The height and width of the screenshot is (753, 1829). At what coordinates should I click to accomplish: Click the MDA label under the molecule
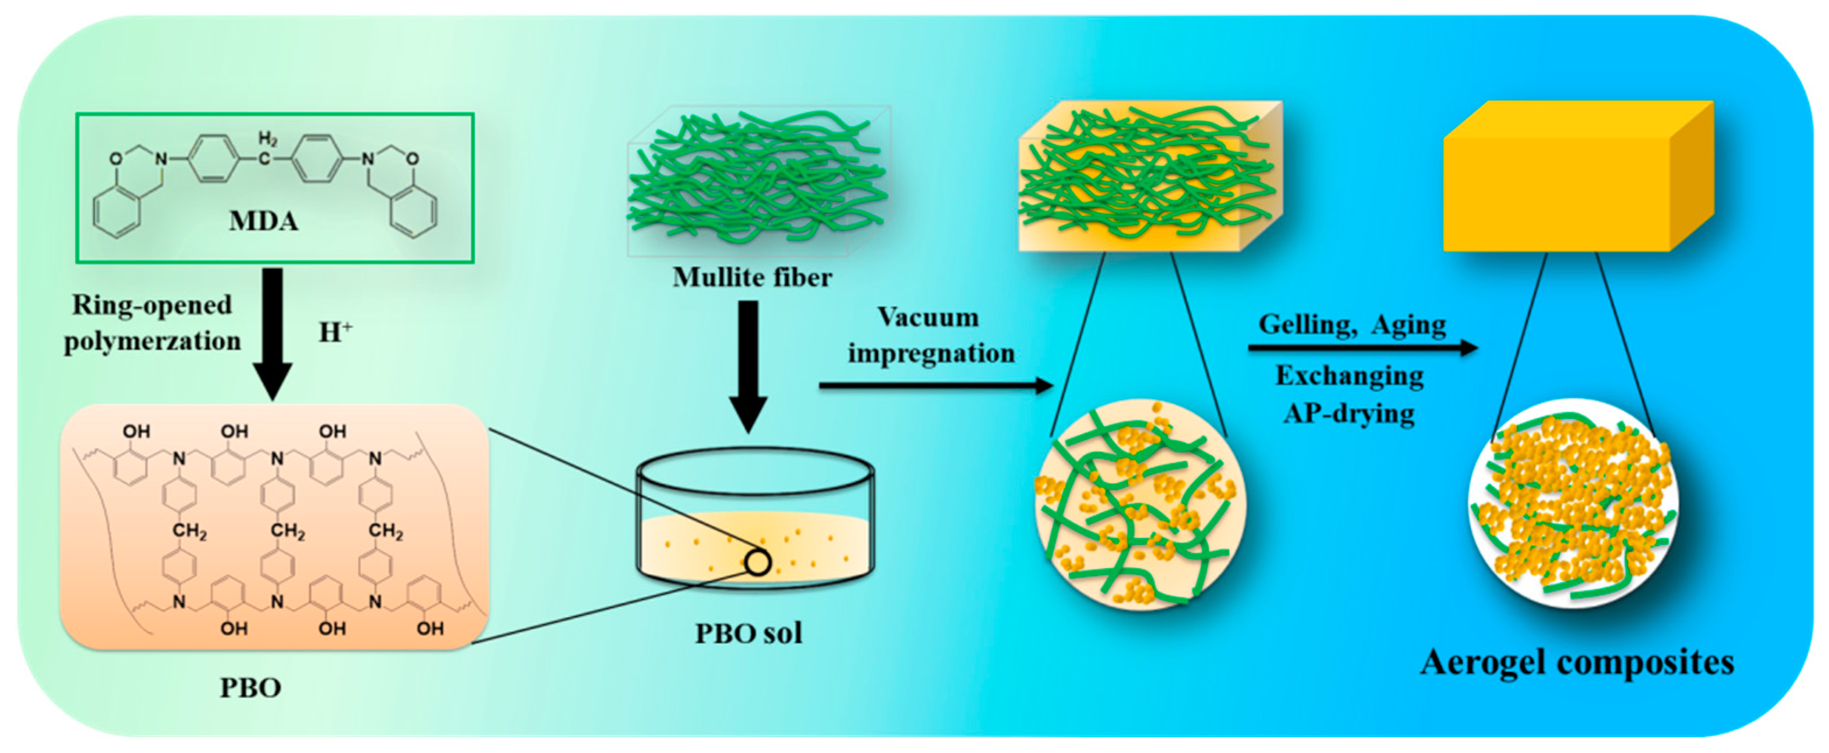pyautogui.click(x=263, y=221)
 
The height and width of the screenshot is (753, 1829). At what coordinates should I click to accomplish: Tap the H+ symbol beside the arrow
pyautogui.click(x=335, y=332)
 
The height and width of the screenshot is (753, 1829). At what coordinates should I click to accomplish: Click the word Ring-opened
pyautogui.click(x=152, y=305)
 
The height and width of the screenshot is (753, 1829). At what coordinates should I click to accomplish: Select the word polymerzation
pyautogui.click(x=153, y=342)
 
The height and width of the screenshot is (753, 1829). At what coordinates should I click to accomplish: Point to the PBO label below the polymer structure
pyautogui.click(x=250, y=688)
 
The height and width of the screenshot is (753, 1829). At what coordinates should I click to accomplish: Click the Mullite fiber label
pyautogui.click(x=752, y=277)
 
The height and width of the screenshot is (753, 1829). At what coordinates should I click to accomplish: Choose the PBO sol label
pyautogui.click(x=748, y=633)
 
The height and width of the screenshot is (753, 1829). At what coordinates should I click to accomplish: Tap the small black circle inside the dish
pyautogui.click(x=758, y=562)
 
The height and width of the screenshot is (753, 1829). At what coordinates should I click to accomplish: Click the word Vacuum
pyautogui.click(x=928, y=317)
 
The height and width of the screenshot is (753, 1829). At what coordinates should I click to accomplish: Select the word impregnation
pyautogui.click(x=931, y=353)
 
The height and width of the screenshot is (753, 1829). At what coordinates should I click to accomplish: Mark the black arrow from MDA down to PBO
pyautogui.click(x=273, y=334)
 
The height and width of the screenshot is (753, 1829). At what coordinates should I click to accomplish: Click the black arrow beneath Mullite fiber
pyautogui.click(x=748, y=366)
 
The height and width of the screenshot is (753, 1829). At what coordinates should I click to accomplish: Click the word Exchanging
pyautogui.click(x=1349, y=376)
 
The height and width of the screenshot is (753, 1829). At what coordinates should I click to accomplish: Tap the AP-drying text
pyautogui.click(x=1349, y=413)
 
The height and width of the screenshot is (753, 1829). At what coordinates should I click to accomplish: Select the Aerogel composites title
pyautogui.click(x=1577, y=663)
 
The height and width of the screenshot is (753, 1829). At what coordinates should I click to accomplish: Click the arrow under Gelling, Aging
pyautogui.click(x=1362, y=348)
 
